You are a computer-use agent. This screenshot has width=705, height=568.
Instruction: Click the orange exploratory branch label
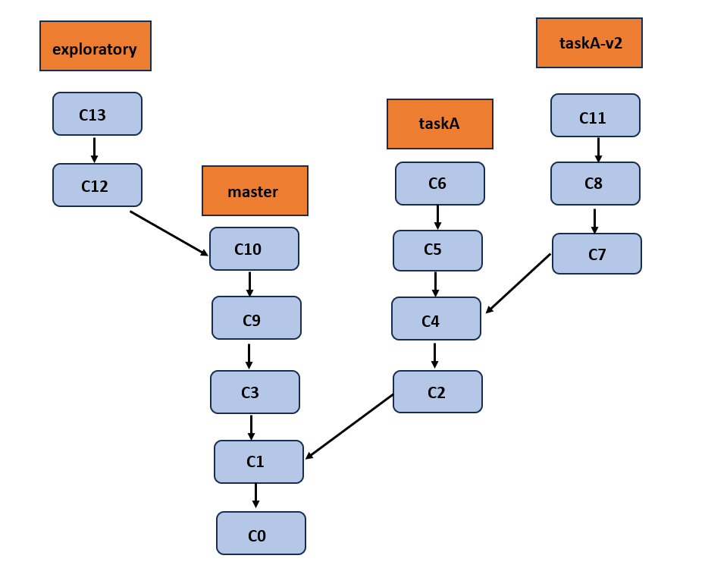[96, 46]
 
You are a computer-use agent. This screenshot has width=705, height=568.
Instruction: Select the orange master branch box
[255, 191]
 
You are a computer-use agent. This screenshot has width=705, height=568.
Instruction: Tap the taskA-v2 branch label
[589, 43]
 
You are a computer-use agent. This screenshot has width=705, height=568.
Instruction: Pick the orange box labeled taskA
[440, 124]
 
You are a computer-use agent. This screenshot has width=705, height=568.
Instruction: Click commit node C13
[97, 114]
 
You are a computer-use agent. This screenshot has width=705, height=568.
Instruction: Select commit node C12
[97, 185]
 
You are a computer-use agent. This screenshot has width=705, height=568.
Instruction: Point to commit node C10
[254, 249]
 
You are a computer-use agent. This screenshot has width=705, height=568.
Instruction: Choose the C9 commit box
[256, 318]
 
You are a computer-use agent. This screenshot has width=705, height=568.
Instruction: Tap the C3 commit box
[255, 392]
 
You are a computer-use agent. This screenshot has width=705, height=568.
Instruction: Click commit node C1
[258, 462]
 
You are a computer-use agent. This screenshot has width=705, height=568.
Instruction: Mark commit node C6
[440, 184]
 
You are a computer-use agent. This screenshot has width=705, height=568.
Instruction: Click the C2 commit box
[437, 391]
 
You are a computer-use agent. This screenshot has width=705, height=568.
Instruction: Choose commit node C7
[597, 253]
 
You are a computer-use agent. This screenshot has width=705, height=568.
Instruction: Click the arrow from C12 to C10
[169, 233]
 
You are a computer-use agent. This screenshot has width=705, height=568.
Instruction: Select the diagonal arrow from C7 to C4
[518, 284]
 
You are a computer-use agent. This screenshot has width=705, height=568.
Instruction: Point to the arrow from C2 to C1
[349, 427]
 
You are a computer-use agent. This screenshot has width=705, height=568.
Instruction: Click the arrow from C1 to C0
[255, 495]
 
